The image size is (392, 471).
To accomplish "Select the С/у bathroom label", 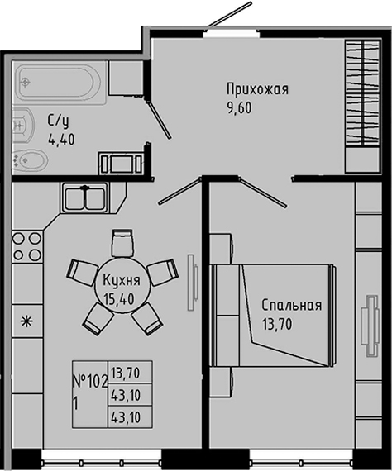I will tap(57, 121).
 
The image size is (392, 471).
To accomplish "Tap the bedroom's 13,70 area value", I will tap(278, 323).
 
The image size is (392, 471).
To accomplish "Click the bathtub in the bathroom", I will tap(59, 83).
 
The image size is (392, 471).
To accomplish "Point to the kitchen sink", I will tap(83, 198).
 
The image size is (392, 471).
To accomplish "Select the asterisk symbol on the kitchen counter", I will tap(26, 321).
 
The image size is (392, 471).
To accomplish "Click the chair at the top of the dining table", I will tap(123, 241).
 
